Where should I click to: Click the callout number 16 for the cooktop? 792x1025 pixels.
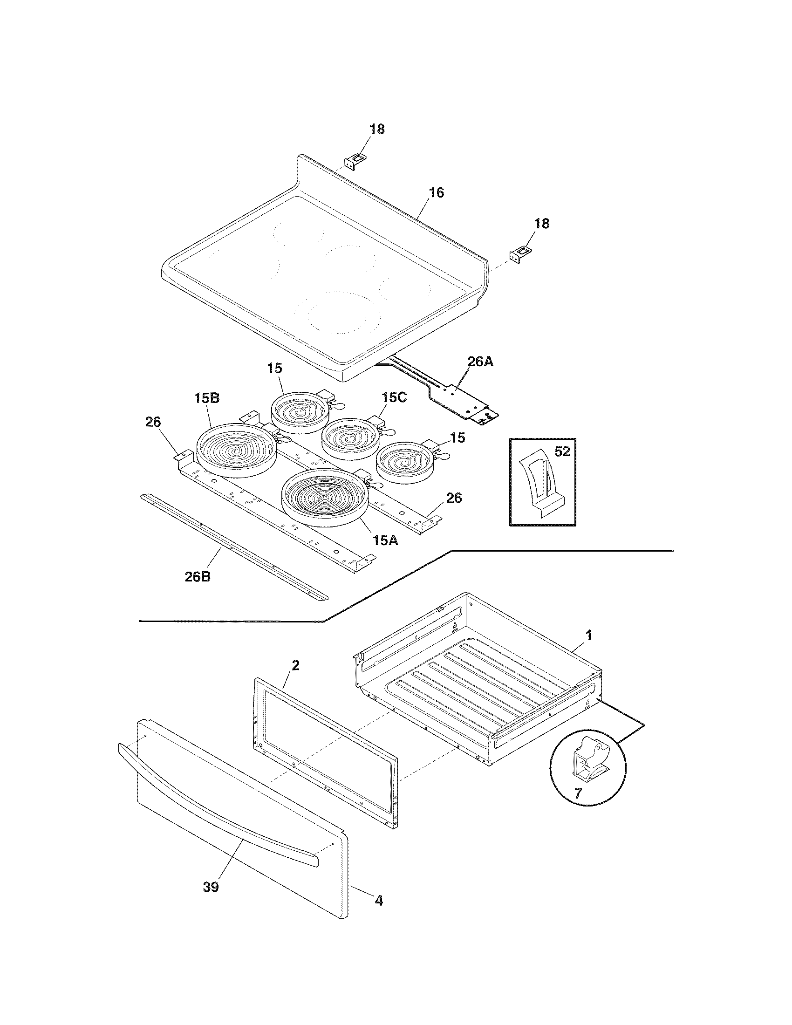[x=437, y=193]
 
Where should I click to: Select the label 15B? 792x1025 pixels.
[x=207, y=398]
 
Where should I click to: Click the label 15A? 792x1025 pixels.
[x=386, y=540]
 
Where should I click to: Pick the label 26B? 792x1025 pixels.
[x=198, y=576]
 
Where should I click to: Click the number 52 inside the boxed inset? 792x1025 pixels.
[x=562, y=451]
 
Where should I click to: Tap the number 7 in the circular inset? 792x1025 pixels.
[x=578, y=793]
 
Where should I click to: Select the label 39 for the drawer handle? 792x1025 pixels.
[x=211, y=888]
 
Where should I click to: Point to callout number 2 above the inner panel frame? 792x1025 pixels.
[x=294, y=665]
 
